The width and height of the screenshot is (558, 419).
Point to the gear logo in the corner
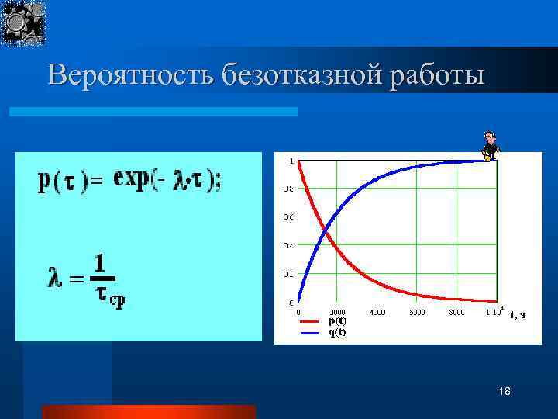(x=23, y=22)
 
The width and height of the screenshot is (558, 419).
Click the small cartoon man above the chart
(x=489, y=145)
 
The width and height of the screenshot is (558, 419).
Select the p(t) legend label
(x=337, y=320)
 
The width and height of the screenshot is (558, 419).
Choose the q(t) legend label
(x=337, y=331)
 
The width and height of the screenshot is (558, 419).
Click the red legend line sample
(x=309, y=320)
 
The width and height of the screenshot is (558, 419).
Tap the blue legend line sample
(x=309, y=331)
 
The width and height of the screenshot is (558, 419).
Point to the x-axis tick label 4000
(x=377, y=313)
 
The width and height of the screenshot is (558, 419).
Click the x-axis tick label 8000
(x=456, y=313)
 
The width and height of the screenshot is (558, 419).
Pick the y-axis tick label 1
(x=291, y=161)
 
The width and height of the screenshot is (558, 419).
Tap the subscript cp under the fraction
(x=115, y=302)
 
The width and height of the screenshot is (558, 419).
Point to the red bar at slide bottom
(x=148, y=411)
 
